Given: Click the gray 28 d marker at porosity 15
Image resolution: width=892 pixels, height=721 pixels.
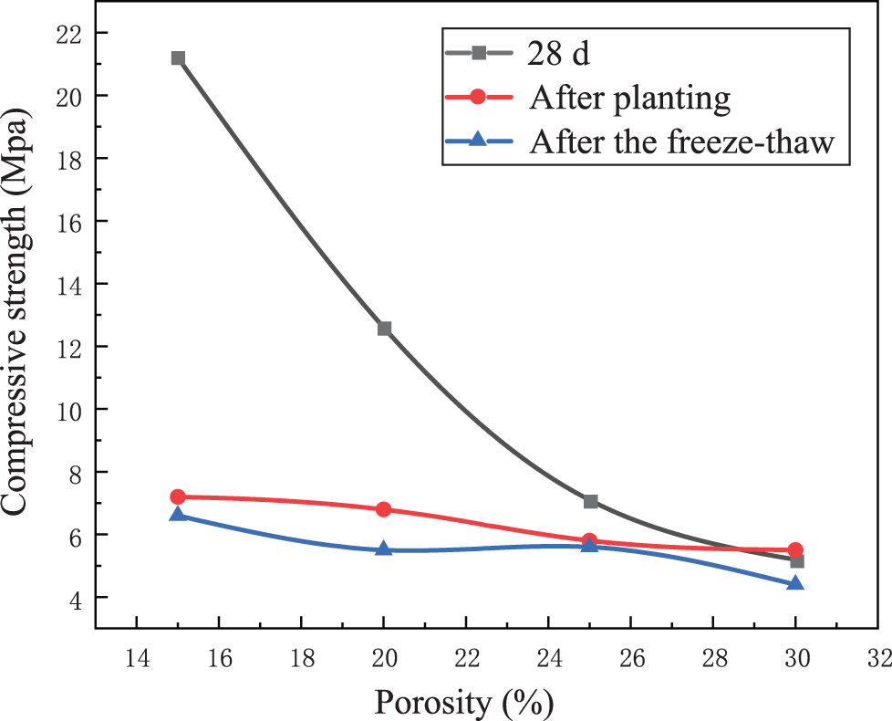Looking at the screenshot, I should coord(178,58).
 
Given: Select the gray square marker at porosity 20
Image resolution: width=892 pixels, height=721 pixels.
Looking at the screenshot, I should coord(384,329).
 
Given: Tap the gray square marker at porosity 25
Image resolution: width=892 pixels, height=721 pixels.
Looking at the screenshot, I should coord(590,501).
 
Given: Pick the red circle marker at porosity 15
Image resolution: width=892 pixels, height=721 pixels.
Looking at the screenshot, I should coord(178,496).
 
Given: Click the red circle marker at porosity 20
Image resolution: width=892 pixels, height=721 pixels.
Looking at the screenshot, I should coord(384,509).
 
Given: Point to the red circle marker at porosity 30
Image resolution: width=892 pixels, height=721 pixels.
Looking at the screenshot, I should coord(795,550).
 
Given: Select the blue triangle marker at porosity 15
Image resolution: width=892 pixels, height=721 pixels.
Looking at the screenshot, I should coord(178,515).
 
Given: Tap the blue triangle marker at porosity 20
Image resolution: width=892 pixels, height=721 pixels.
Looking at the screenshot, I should coord(384,549).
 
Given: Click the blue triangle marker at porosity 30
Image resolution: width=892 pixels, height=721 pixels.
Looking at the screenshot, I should coord(795,583).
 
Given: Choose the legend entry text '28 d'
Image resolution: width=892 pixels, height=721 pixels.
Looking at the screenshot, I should coord(558,53).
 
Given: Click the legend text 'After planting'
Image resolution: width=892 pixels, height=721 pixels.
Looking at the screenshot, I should coord(628,98).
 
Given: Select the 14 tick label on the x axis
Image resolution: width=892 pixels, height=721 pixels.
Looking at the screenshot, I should coord(137,657).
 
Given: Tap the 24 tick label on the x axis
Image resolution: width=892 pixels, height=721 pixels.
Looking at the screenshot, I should coord(548,657).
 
